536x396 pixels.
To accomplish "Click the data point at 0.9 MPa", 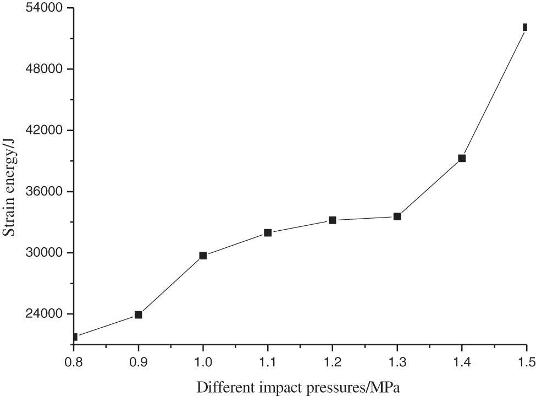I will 139,314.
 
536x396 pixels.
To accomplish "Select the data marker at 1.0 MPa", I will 203,256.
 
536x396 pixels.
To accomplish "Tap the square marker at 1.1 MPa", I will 268,233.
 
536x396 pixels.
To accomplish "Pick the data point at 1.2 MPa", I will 332,220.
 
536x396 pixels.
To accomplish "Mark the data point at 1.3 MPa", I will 397,216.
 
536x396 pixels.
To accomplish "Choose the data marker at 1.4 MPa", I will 462,158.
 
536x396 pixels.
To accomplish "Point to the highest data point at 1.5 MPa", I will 525,27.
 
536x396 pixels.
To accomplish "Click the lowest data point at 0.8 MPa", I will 75,337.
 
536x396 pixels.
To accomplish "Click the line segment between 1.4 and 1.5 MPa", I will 494,93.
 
